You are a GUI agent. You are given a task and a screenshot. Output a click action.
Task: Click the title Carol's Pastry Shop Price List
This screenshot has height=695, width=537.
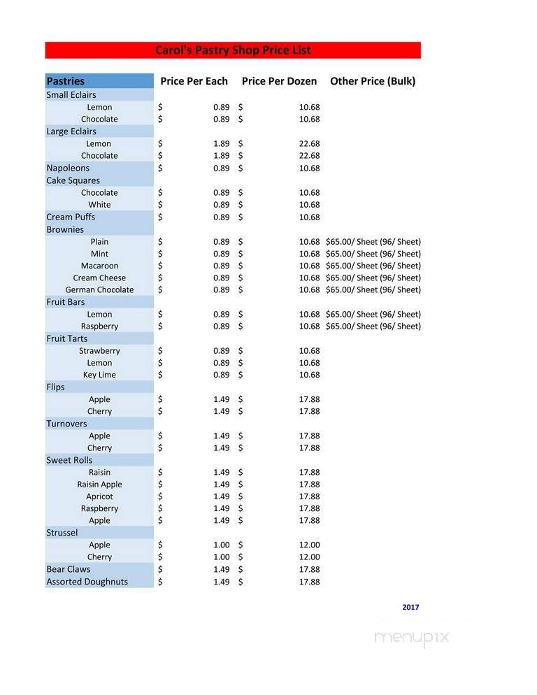click(x=233, y=50)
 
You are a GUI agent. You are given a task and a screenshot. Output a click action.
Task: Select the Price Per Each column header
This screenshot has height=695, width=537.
click(x=194, y=81)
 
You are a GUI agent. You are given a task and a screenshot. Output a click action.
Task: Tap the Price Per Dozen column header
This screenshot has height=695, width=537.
click(x=279, y=81)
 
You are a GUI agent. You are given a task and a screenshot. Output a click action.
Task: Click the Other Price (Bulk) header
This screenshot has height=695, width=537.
click(x=372, y=81)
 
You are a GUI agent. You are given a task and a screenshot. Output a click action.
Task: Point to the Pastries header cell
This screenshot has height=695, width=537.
click(x=65, y=81)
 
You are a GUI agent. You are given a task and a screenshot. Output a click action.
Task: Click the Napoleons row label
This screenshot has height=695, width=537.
click(x=68, y=168)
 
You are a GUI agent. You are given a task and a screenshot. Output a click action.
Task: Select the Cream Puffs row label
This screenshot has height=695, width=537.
click(x=71, y=217)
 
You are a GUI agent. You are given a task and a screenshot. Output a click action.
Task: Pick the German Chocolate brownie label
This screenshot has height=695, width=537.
click(x=99, y=289)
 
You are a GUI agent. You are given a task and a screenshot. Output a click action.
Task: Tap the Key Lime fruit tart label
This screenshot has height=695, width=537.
click(x=99, y=375)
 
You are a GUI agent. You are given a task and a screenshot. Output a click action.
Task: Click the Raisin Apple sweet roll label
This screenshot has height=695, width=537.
click(x=99, y=484)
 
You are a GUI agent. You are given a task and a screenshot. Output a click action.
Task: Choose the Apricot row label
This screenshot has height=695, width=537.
click(x=99, y=496)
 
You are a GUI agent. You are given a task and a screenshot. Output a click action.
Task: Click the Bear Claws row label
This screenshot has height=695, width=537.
click(x=69, y=569)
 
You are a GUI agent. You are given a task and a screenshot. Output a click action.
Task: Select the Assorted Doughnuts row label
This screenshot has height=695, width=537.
click(x=87, y=582)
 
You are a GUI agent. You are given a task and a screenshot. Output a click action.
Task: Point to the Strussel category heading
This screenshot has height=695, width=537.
click(x=62, y=533)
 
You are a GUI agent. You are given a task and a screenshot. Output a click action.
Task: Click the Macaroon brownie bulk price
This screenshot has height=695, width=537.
click(x=373, y=266)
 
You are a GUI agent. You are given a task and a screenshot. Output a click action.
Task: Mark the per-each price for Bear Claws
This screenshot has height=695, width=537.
click(x=221, y=569)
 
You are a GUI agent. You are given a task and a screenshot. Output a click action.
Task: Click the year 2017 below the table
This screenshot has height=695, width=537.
click(x=410, y=608)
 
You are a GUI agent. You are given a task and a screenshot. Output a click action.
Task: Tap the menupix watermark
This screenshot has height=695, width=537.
click(x=412, y=638)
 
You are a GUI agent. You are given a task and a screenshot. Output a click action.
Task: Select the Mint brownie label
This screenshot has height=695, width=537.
click(x=99, y=254)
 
